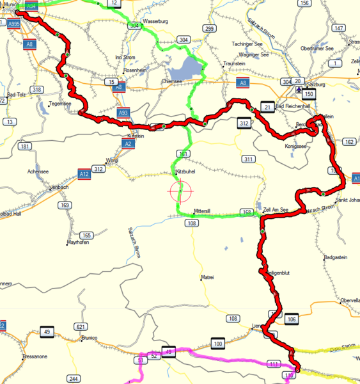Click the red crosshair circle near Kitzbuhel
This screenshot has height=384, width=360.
180,191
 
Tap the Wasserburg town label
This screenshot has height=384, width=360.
155,21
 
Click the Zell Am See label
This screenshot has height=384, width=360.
276,209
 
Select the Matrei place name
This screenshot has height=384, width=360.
208,277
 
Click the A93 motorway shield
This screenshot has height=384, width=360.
123,113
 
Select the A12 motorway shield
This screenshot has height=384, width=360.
83,174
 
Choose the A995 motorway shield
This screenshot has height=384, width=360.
13,24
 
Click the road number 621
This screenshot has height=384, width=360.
80,326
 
